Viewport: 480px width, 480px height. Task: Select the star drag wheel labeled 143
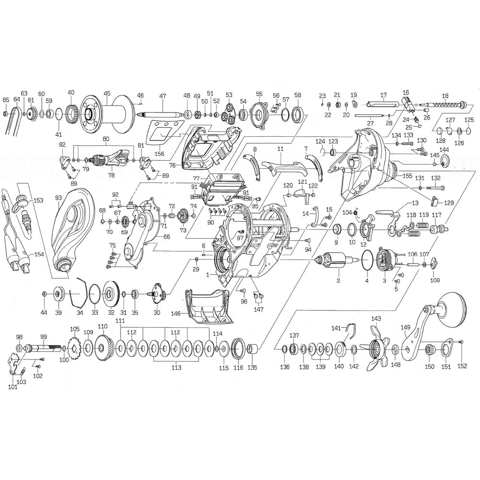[x=376, y=348]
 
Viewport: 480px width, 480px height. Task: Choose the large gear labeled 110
[x=103, y=348]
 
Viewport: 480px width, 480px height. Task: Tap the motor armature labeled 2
[x=338, y=260]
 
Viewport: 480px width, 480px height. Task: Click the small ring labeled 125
[x=468, y=132]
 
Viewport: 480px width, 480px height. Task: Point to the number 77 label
[x=196, y=178]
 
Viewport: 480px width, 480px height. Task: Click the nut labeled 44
[x=44, y=294]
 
